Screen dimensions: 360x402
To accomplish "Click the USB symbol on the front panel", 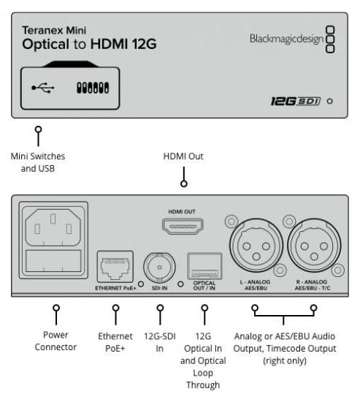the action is tap(43, 88).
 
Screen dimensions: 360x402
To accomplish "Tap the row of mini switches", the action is tap(93, 88).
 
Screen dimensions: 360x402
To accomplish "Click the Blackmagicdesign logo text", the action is tap(286, 39).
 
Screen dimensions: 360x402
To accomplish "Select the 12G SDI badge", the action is tap(296, 101).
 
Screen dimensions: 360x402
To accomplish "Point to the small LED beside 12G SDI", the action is tap(330, 102).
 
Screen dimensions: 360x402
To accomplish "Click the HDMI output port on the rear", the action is tap(183, 226).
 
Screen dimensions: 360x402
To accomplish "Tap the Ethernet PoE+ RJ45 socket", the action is tap(115, 267).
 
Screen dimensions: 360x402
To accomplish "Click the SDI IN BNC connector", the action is tap(159, 268).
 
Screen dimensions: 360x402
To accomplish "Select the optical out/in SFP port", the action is tap(204, 266).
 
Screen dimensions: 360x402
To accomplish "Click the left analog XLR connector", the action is tap(256, 246).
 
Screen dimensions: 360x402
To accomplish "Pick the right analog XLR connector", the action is tap(314, 246).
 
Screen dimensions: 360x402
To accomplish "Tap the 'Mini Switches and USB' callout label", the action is tap(38, 162).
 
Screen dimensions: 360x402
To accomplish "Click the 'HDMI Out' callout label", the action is tap(183, 156).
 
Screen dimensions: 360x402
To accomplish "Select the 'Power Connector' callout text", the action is tap(55, 341).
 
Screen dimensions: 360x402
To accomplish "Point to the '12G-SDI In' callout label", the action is tap(160, 342).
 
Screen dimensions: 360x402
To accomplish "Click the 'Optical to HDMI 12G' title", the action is tap(89, 44).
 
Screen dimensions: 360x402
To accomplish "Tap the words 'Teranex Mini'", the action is tap(54, 30).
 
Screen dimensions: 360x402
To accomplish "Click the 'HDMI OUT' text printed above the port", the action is tap(182, 212).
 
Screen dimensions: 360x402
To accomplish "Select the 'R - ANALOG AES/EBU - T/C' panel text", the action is tap(313, 285).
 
